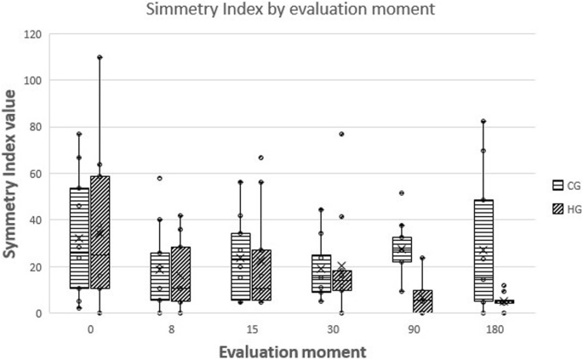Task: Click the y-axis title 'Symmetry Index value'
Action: pyautogui.click(x=14, y=174)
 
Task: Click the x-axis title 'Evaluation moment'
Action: pyautogui.click(x=291, y=350)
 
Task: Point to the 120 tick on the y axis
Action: pyautogui.click(x=34, y=34)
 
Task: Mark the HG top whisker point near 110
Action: pyautogui.click(x=100, y=58)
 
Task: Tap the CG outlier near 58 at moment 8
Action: pyautogui.click(x=159, y=178)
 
